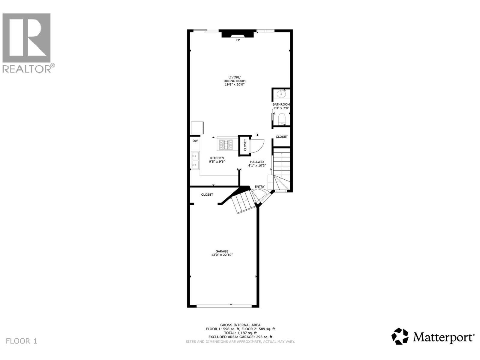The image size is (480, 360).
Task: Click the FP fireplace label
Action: tap(238, 40)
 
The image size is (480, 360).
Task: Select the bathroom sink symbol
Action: tap(281, 94)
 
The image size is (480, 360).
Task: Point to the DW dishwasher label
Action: tap(195, 141)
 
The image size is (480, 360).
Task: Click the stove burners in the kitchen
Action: tap(225, 145)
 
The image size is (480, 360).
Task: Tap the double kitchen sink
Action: tap(195, 160)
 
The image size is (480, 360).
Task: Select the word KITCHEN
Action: tap(217, 158)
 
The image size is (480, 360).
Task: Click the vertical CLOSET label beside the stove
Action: tap(245, 145)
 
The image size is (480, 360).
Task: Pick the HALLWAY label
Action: tap(257, 162)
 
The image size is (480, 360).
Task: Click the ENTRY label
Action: tap(259, 187)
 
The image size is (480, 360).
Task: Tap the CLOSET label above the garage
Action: tap(207, 195)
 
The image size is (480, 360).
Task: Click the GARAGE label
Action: tap(222, 251)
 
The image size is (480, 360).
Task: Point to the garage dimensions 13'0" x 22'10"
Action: tap(222, 255)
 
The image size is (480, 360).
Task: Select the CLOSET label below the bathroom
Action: tap(282, 137)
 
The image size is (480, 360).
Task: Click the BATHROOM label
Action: tap(281, 104)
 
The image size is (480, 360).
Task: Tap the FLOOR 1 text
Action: tap(22, 341)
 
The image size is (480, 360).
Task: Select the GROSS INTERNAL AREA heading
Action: tap(240, 325)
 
